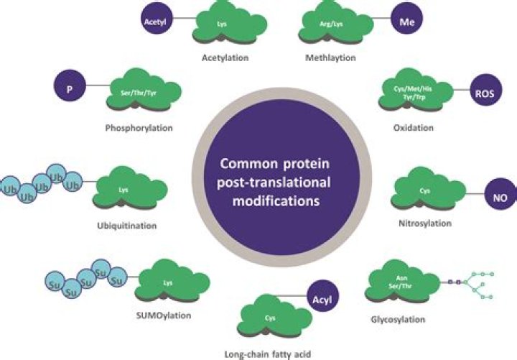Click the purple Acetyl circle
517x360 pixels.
(152, 22)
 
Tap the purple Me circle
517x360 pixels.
(403, 22)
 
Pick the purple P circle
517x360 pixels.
(69, 91)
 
